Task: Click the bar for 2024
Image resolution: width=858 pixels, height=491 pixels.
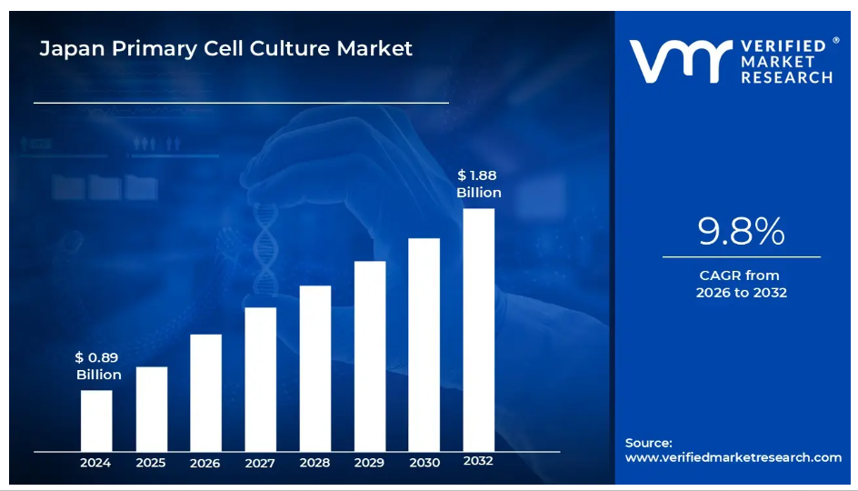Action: pos(96,420)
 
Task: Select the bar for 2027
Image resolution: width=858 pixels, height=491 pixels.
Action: pos(260,378)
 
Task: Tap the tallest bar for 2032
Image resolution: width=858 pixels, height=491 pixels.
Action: pos(479,329)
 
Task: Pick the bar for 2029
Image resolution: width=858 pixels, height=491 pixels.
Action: pos(370,356)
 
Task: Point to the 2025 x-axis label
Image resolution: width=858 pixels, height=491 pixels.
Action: pos(151,463)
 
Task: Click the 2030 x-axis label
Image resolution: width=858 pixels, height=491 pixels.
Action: pos(424,463)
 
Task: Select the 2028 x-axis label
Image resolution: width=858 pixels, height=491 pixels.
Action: pos(314,463)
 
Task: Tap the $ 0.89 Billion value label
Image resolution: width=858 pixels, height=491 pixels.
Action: pos(98,366)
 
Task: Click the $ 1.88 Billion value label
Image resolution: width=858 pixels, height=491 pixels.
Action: pos(478,184)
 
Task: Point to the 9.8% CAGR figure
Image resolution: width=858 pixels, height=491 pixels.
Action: pos(741,234)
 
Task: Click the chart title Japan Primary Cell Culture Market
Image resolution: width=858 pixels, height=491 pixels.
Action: pos(225,48)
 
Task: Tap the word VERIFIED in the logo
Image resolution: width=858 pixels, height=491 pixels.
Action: pos(783,45)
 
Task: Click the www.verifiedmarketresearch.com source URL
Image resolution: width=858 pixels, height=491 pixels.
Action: pos(733,457)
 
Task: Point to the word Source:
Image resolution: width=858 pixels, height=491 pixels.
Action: pos(649,443)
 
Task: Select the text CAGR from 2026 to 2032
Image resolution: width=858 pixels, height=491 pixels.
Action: pos(741,284)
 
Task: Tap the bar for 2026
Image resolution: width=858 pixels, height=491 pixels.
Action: pos(205,392)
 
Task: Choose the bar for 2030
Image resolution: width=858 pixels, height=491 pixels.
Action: pos(424,345)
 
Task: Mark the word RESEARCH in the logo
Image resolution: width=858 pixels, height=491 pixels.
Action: pos(786,78)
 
